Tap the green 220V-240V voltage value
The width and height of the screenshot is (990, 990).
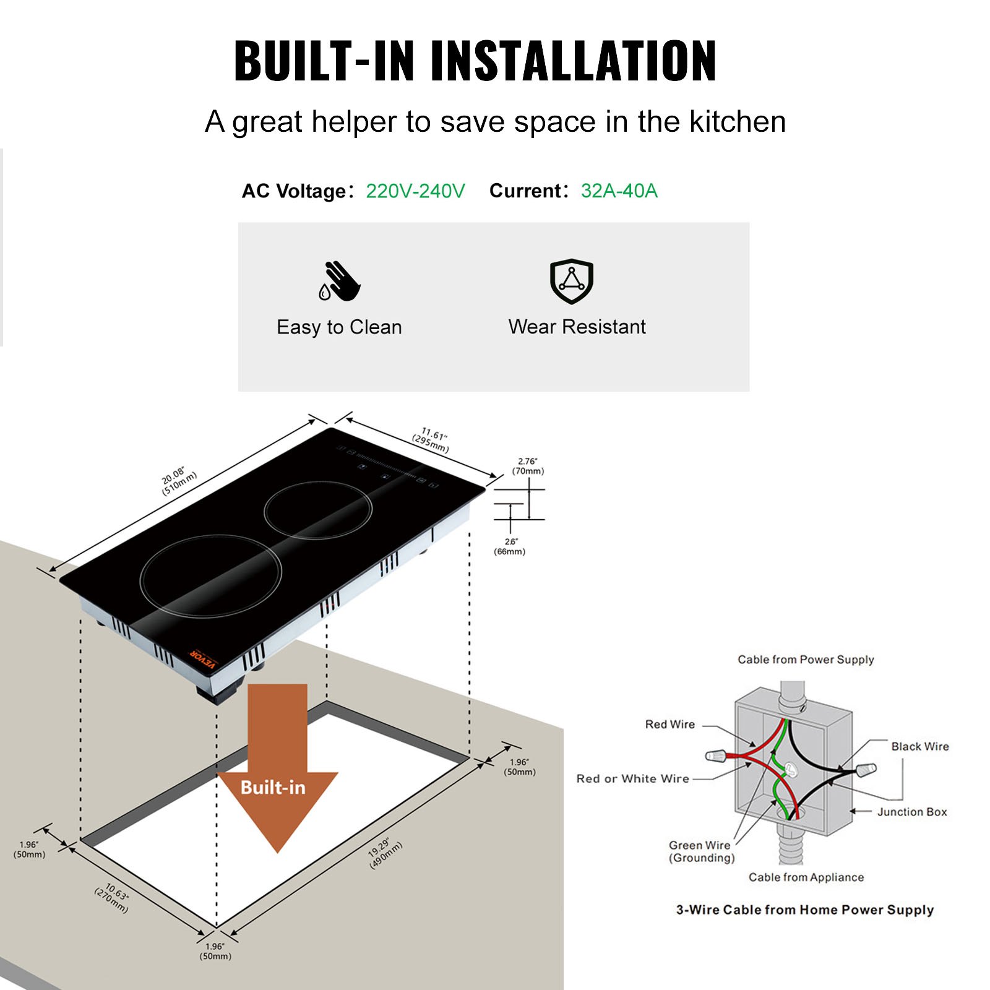point(415,191)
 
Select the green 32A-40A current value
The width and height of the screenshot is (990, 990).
point(619,191)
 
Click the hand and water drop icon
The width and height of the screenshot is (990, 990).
point(339,282)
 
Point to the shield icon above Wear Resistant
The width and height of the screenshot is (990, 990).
point(572,282)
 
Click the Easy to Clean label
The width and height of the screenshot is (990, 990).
point(339,327)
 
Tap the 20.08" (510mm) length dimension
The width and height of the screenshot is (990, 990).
point(179,481)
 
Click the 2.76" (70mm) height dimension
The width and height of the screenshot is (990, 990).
point(528,466)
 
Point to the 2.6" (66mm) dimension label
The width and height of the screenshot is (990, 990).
point(510,546)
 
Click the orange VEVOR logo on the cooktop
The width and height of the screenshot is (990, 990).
point(203,659)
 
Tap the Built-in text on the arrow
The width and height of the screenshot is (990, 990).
point(273,787)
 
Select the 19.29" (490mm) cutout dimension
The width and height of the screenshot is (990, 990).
point(385,854)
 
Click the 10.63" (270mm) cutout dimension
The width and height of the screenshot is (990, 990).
point(113,897)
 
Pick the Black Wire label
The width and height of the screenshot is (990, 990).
point(919,747)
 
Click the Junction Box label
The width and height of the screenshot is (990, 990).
point(912,812)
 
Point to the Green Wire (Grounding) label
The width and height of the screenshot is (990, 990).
point(701,851)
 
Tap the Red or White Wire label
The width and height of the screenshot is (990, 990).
point(632,779)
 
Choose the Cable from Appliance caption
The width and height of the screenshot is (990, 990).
point(806,877)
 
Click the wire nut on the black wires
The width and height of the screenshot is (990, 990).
point(866,770)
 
